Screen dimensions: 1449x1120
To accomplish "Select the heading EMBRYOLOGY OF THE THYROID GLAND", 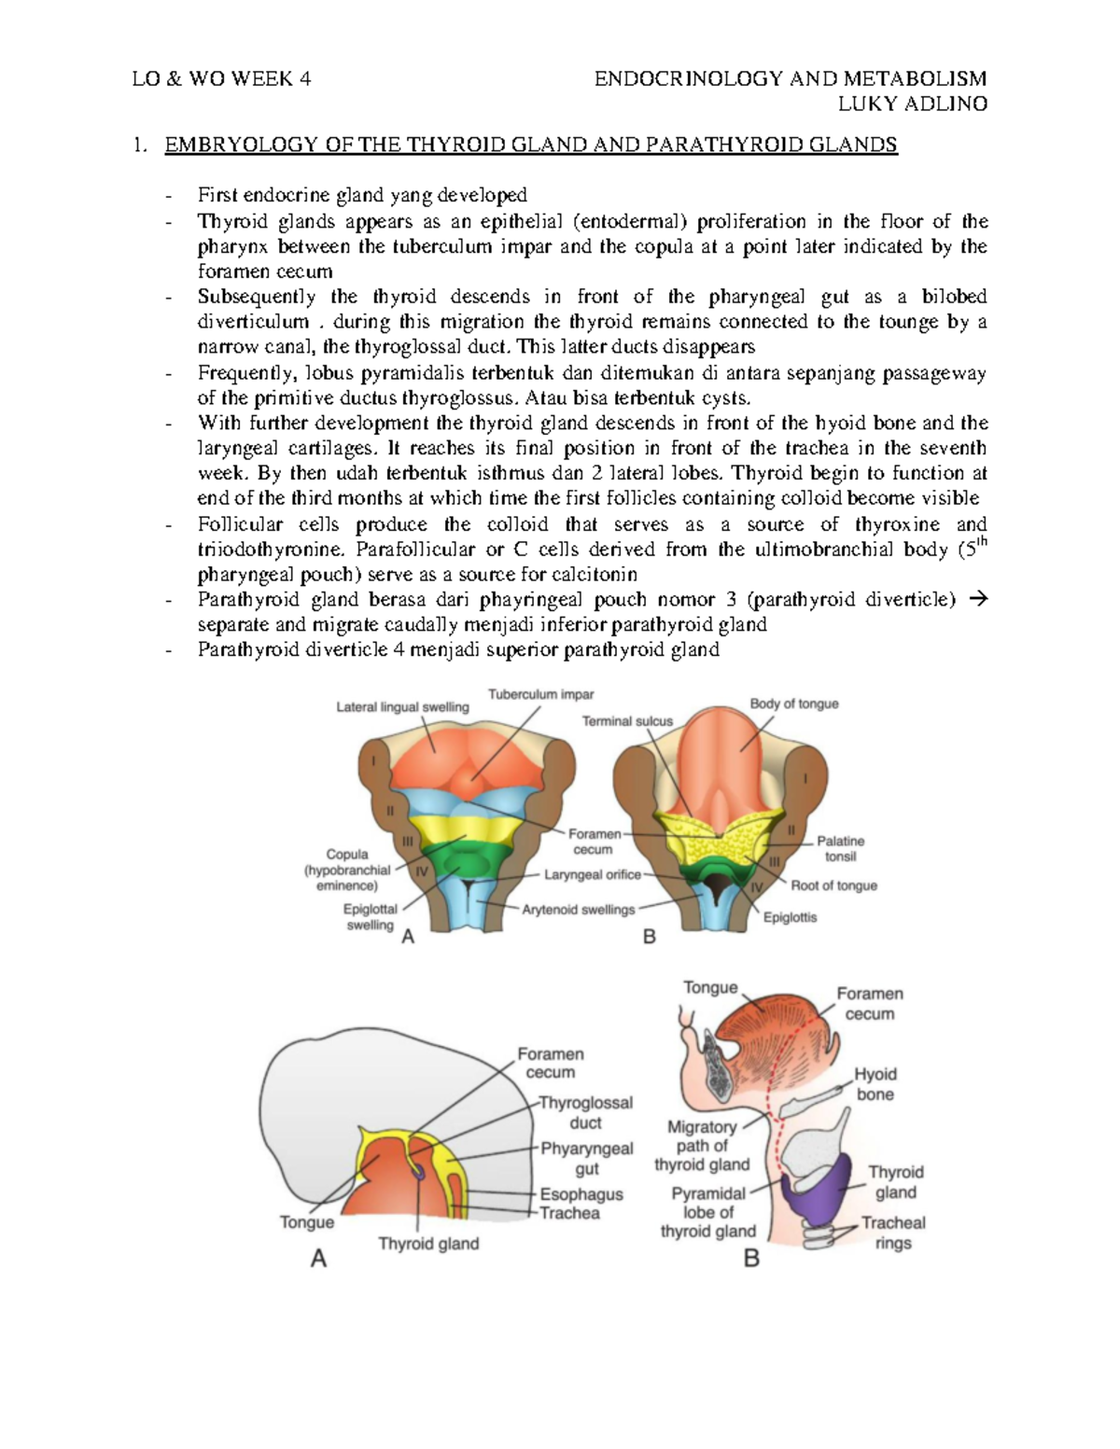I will point(530,145).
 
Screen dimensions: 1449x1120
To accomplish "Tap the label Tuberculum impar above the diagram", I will point(540,694).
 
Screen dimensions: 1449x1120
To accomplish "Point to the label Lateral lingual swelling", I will point(402,707).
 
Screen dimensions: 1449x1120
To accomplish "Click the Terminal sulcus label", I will point(627,721).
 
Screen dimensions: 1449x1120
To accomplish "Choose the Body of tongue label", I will point(793,704).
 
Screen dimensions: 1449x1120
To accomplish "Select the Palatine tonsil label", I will point(840,848).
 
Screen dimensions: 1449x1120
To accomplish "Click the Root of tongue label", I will point(833,885).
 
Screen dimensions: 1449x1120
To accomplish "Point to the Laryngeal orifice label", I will point(594,875).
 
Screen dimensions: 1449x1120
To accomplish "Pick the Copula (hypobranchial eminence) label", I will point(347,870).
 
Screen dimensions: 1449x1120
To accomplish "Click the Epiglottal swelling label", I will point(371,916).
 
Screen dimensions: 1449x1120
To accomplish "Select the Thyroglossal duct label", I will point(586,1112).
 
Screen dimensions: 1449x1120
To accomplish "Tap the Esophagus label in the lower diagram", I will point(581,1194).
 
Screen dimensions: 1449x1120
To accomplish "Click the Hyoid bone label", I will point(875,1084).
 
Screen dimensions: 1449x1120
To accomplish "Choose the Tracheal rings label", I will point(893,1233).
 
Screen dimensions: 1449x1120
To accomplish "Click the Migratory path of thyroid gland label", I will point(702,1146).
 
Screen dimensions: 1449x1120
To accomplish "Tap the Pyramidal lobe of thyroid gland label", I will point(707,1212).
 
